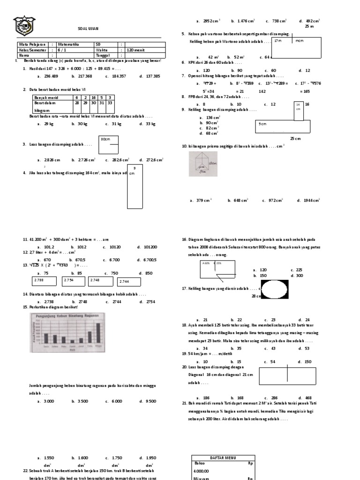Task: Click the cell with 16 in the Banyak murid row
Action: coord(94,97)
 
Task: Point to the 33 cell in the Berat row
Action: coord(110,102)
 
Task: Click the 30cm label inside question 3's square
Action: coord(105,139)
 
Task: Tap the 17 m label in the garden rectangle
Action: coord(277,41)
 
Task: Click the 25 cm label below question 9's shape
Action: coord(295,139)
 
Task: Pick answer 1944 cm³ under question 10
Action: coord(308,201)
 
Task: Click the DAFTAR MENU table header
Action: coord(223,457)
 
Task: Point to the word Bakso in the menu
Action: coord(199,463)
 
